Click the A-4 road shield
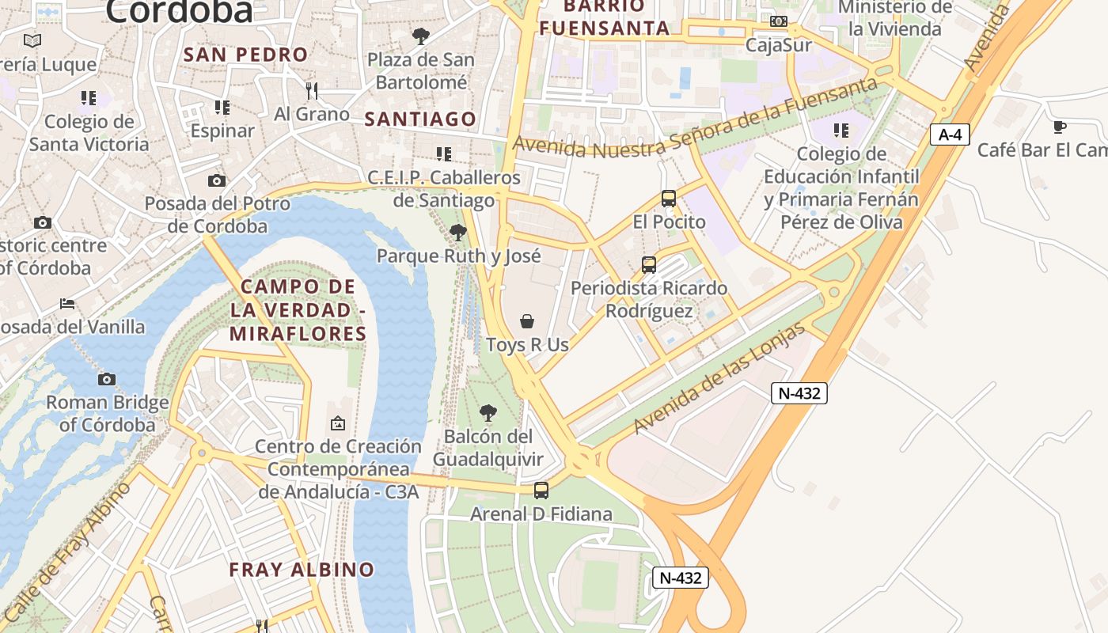tap(949, 135)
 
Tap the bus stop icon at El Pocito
tap(669, 199)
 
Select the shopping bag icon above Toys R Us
tap(527, 321)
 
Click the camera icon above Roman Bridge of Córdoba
tap(107, 380)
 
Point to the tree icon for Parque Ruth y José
tap(457, 233)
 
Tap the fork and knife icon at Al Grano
tap(312, 91)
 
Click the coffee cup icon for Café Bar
tap(1060, 127)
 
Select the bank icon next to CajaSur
tap(779, 21)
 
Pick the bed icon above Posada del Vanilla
tap(68, 304)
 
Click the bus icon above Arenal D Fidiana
tap(541, 491)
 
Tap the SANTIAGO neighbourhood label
tap(420, 119)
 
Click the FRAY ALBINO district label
tap(302, 569)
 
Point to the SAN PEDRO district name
tap(245, 55)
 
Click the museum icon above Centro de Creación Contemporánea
tap(338, 424)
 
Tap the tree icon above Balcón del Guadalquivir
tap(488, 413)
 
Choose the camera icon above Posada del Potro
tap(217, 181)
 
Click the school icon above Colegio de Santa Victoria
tap(89, 98)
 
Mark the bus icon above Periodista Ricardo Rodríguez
tap(649, 265)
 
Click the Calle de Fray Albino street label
tap(67, 552)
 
